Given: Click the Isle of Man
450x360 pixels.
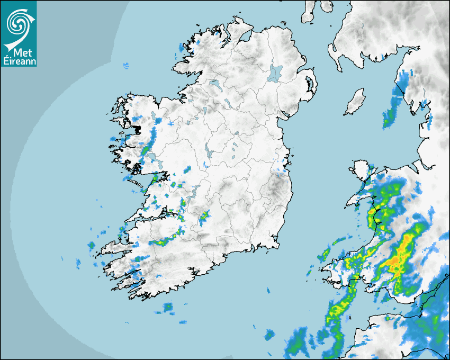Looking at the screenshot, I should click(355, 102).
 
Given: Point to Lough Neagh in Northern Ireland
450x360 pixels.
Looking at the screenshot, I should click(275, 73).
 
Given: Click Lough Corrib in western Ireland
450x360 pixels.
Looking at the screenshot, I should click(154, 157).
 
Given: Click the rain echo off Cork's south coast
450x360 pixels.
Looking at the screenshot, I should click(168, 307).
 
